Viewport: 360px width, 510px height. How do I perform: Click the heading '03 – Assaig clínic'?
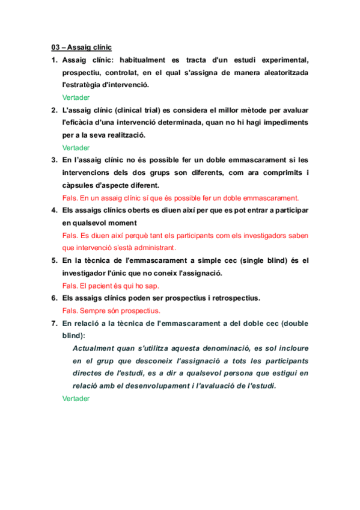(x=81, y=48)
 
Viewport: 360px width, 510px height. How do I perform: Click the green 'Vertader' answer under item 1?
(x=76, y=97)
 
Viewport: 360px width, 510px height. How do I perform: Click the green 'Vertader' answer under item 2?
(x=76, y=147)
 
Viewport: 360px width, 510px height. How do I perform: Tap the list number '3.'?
(x=54, y=160)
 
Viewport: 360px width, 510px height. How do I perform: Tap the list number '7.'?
(x=54, y=324)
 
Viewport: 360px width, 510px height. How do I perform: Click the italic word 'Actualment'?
(x=96, y=348)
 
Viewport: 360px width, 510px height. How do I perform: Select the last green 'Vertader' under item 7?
(x=76, y=398)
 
